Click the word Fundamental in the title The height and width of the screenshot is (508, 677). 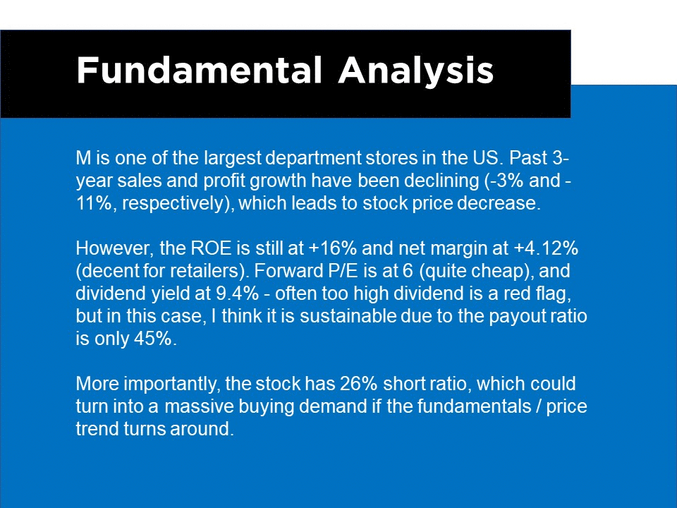199,70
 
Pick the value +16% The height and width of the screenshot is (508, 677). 333,248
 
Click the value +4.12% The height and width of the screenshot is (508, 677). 546,248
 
